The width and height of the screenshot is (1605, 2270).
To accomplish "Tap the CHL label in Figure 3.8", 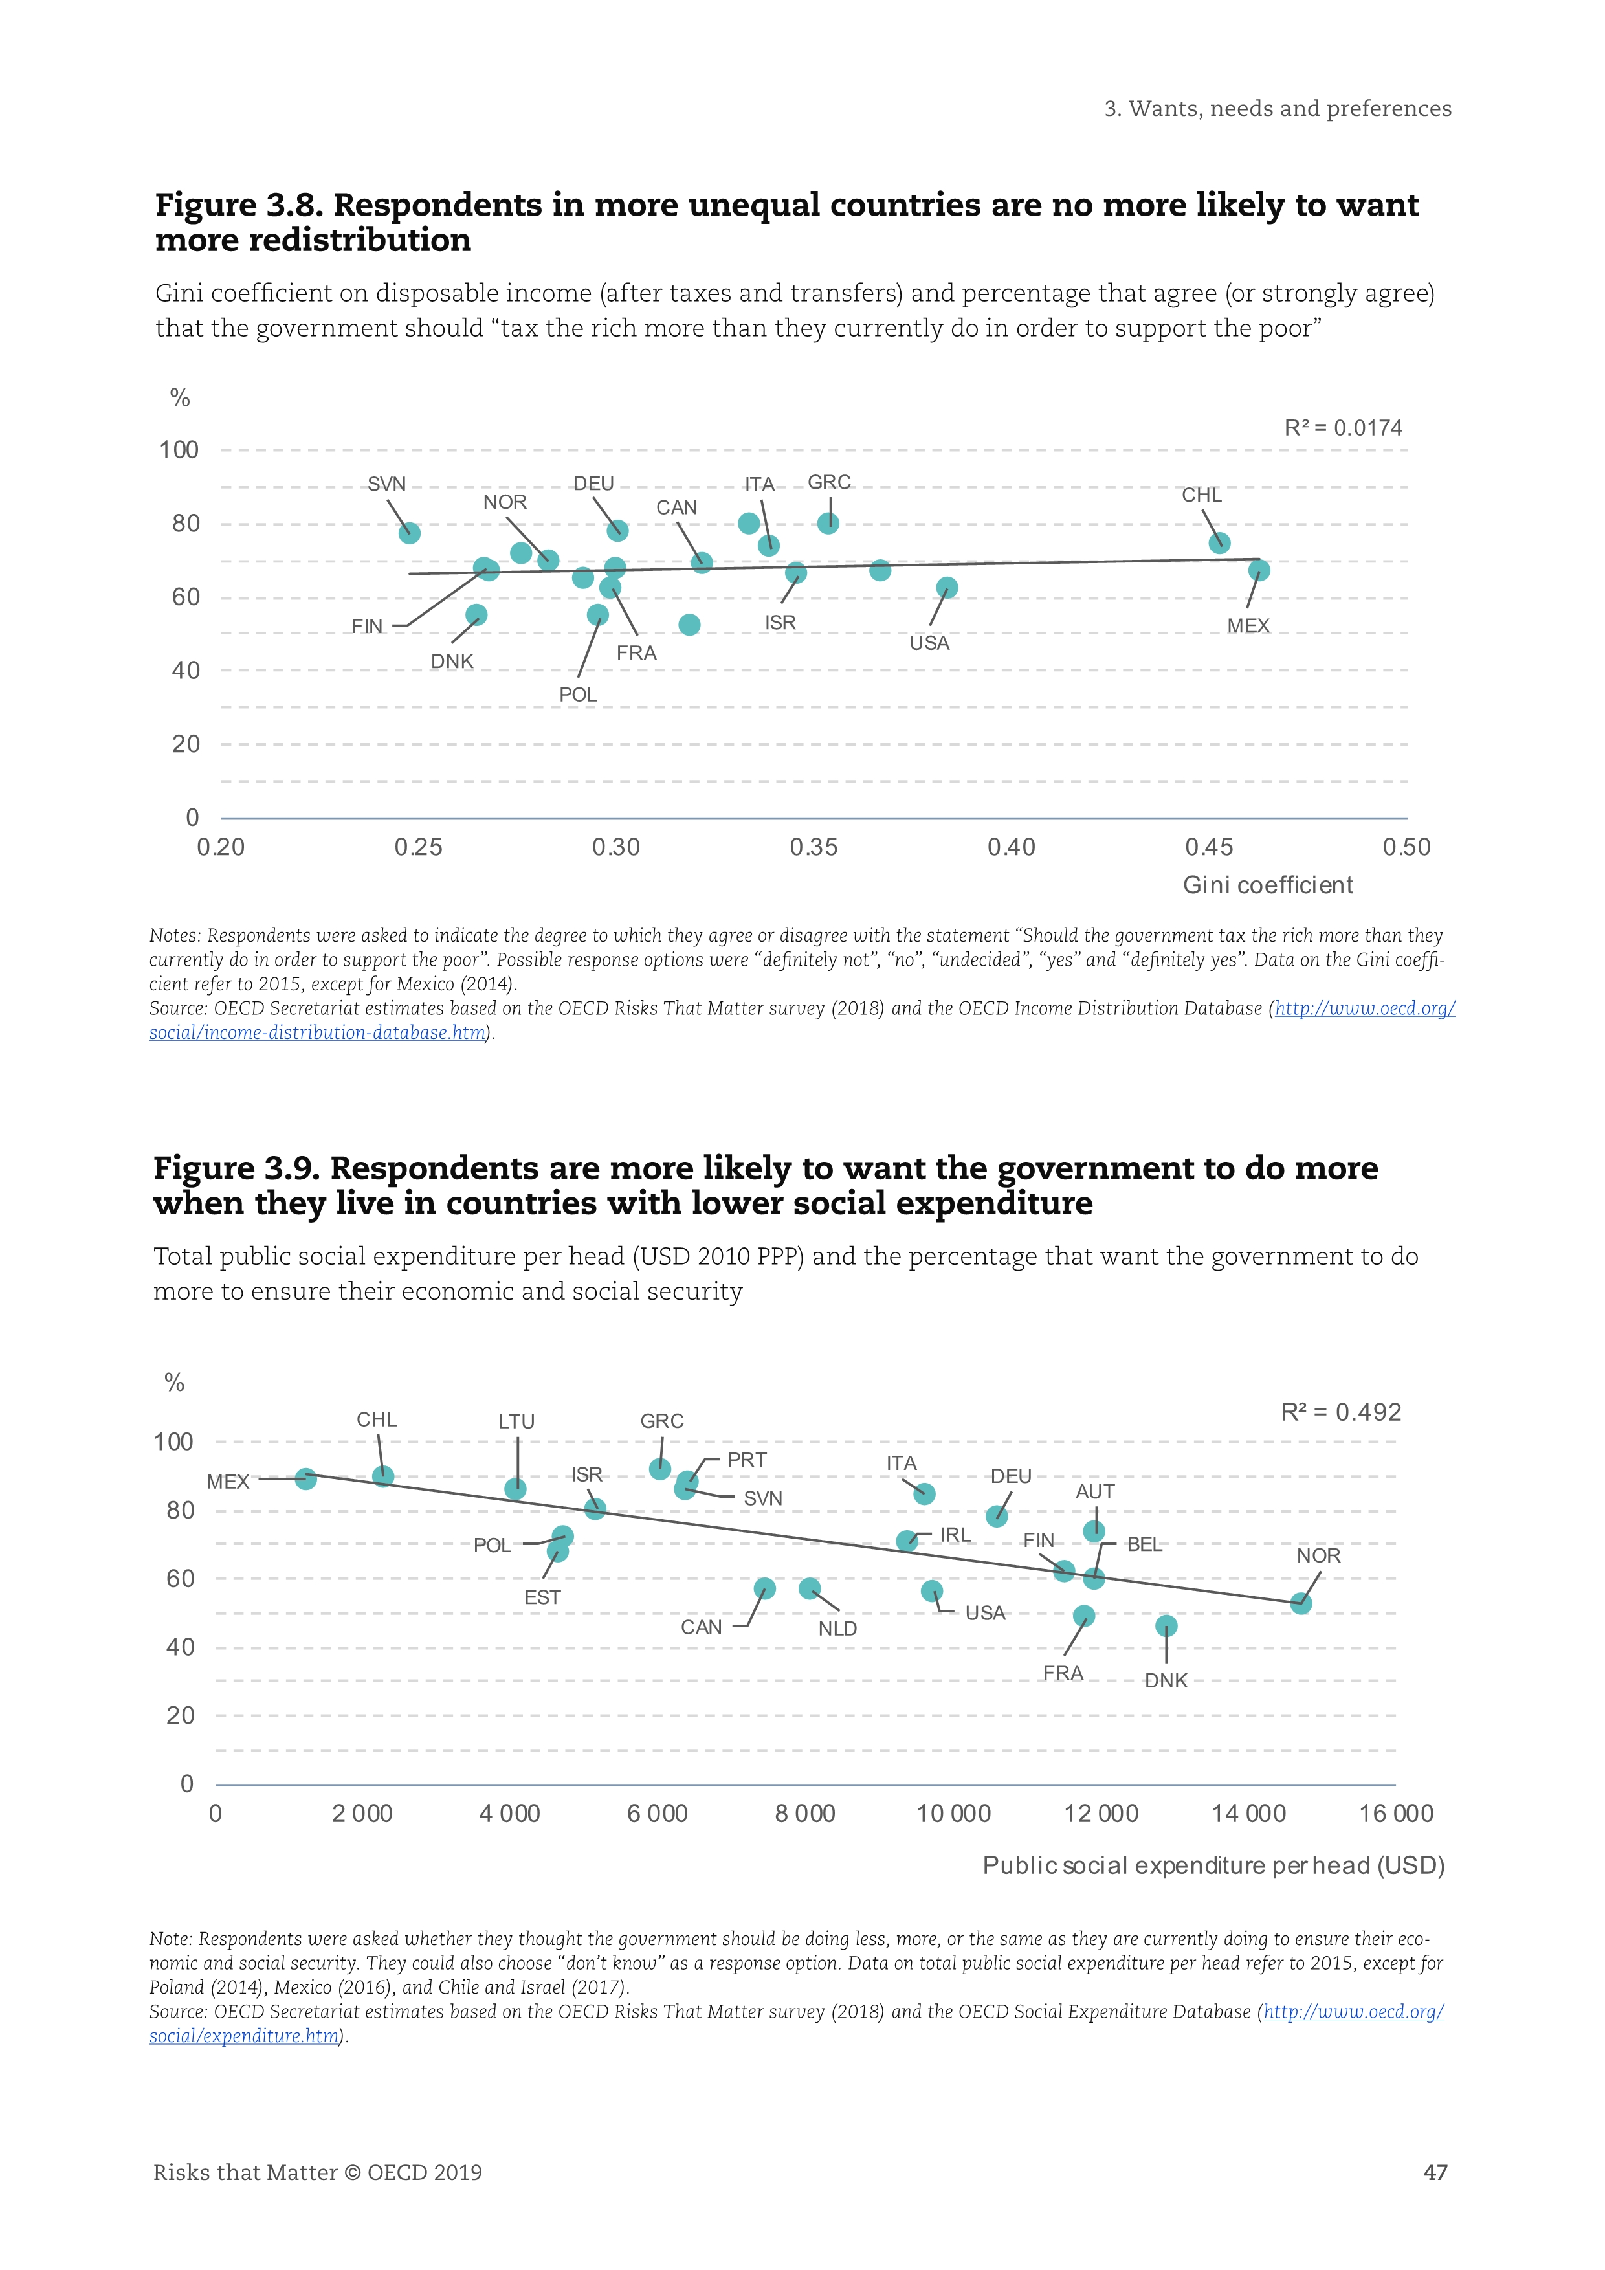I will (1202, 495).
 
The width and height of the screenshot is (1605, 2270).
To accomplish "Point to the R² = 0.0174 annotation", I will (1342, 428).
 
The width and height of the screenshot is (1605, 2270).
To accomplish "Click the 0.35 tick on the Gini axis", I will (814, 847).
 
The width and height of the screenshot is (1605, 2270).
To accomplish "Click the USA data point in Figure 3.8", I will (947, 588).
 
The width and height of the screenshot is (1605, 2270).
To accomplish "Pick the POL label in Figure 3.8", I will (578, 695).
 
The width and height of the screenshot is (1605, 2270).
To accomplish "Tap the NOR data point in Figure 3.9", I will (1301, 1604).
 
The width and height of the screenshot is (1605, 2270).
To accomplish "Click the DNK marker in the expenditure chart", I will (1166, 1627).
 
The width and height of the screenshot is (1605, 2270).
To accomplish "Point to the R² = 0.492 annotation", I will (1340, 1413).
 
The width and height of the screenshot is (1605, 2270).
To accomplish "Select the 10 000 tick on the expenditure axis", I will (953, 1814).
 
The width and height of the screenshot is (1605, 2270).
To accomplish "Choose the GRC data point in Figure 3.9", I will (660, 1469).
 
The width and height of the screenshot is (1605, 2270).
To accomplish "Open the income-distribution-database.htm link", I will (318, 1033).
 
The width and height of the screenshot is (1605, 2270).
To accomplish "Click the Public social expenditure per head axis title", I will (1213, 1865).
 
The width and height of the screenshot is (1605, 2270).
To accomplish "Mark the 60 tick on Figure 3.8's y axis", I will (186, 597).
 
